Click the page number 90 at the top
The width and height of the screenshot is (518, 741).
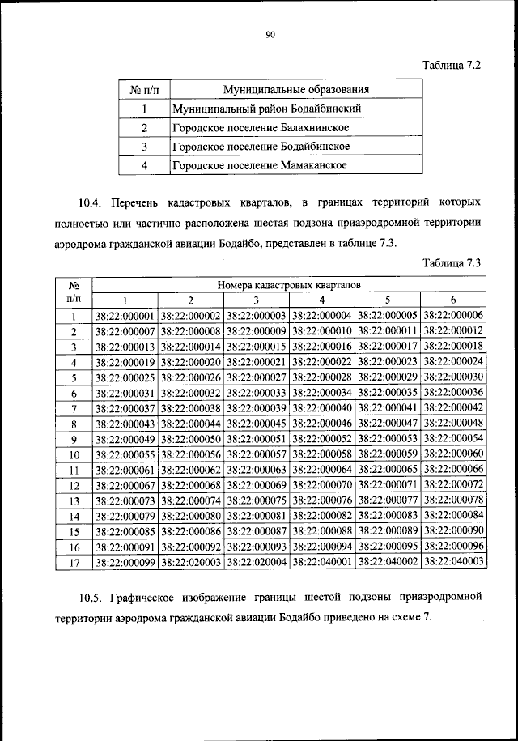270,33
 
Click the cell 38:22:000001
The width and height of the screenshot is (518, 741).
125,316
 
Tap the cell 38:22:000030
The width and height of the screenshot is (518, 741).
453,377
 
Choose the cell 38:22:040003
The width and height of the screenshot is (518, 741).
453,560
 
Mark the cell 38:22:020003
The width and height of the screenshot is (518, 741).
191,560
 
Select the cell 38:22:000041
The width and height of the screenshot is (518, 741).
388,407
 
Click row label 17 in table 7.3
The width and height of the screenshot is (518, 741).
74,560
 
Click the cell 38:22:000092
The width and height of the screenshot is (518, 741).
191,545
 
